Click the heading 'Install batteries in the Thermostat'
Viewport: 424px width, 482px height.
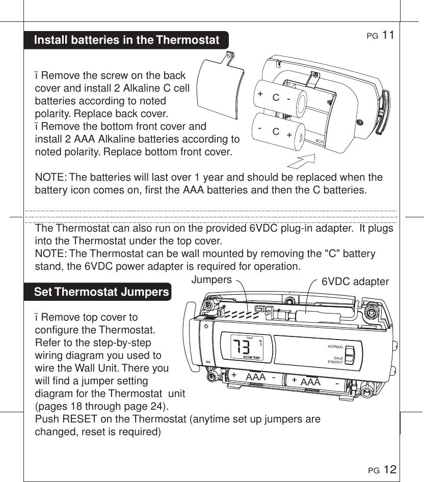(x=126, y=40)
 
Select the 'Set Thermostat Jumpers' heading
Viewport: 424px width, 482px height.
(x=101, y=292)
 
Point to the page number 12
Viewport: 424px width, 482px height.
(x=390, y=469)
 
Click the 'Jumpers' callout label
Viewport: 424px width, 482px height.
(x=211, y=279)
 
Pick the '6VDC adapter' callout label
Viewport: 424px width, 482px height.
(x=355, y=281)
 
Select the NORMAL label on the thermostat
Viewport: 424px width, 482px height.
(x=335, y=347)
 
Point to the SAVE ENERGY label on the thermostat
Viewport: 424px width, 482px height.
(x=335, y=360)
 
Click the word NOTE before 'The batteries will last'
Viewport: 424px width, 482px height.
(x=49, y=177)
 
